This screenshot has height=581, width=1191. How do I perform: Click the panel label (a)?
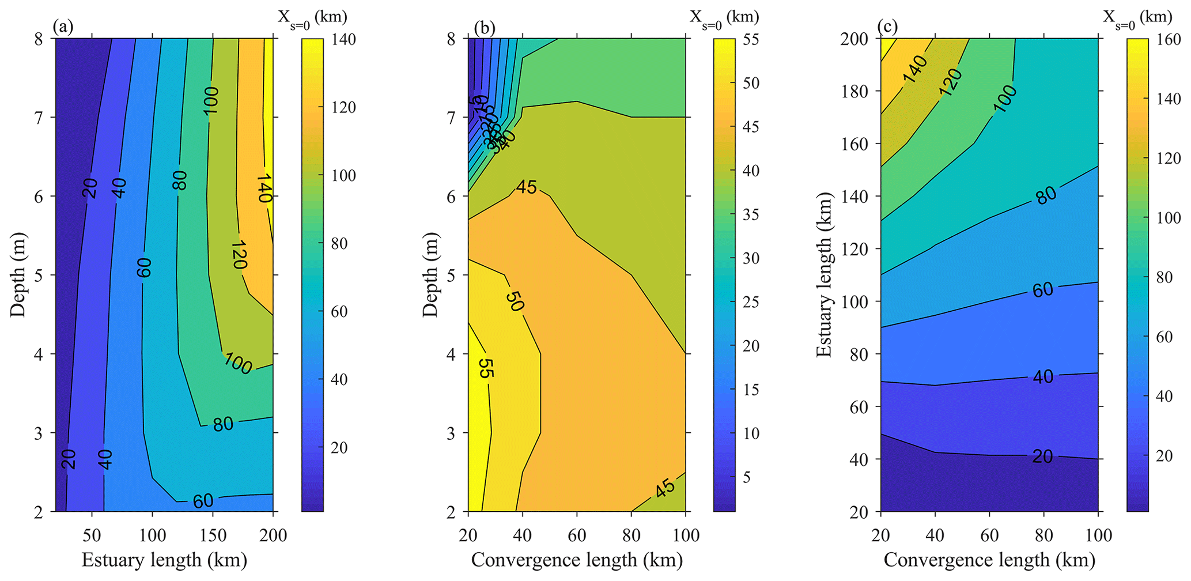tap(62, 27)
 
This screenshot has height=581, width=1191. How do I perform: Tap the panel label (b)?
tap(482, 27)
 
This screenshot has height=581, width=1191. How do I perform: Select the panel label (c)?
tap(887, 27)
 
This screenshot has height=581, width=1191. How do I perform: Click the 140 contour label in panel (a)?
tap(264, 188)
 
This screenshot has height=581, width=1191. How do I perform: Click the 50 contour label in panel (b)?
tap(515, 301)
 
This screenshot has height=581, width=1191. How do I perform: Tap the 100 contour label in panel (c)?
tap(1005, 99)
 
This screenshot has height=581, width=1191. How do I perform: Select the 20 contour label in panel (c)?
tap(1042, 456)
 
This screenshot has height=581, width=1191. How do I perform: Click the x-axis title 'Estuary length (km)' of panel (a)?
tap(164, 560)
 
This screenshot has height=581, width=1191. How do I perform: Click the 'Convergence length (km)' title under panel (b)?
tap(577, 560)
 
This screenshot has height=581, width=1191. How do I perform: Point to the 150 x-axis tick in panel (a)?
tap(213, 535)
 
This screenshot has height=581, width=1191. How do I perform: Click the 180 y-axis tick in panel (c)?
tap(857, 91)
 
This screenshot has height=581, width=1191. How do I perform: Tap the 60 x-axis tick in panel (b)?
tap(577, 535)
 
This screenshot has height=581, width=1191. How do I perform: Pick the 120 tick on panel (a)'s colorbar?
tap(343, 107)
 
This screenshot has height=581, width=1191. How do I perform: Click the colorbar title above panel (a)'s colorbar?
tap(312, 17)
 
